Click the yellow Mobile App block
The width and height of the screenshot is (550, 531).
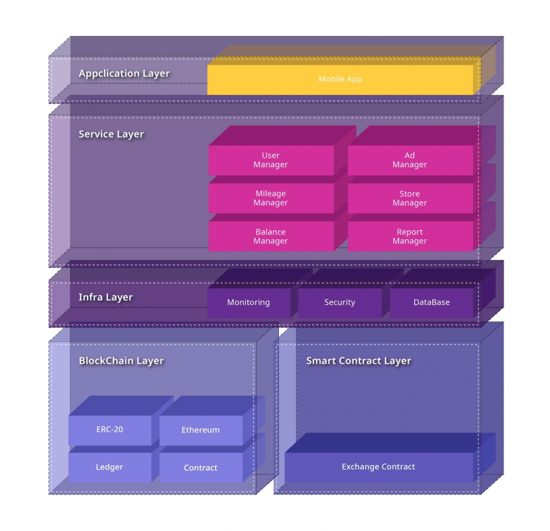click(x=340, y=79)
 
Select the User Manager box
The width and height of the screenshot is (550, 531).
click(x=271, y=160)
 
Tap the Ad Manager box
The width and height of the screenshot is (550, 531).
click(x=410, y=160)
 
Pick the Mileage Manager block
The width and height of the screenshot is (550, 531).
click(x=271, y=198)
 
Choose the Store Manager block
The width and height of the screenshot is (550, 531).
click(x=410, y=198)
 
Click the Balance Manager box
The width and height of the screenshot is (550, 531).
click(x=271, y=236)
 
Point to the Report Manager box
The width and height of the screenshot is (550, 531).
click(x=410, y=236)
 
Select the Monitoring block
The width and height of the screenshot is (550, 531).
click(x=249, y=303)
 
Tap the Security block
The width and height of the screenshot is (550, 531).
click(x=340, y=303)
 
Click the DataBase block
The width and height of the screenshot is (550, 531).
click(x=431, y=303)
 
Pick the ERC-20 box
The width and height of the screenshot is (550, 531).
click(x=110, y=430)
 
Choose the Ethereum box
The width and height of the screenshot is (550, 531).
click(x=201, y=430)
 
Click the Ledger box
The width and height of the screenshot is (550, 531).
click(x=110, y=468)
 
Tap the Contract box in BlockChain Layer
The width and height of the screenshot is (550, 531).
click(x=201, y=468)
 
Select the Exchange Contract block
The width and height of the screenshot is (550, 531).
click(x=379, y=467)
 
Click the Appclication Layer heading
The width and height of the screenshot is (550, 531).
click(x=124, y=74)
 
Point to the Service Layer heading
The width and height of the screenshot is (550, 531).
click(x=111, y=134)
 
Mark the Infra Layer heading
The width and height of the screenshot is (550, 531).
click(x=106, y=297)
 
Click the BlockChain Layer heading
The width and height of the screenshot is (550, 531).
click(x=122, y=361)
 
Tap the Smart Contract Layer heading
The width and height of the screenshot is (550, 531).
click(x=359, y=361)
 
